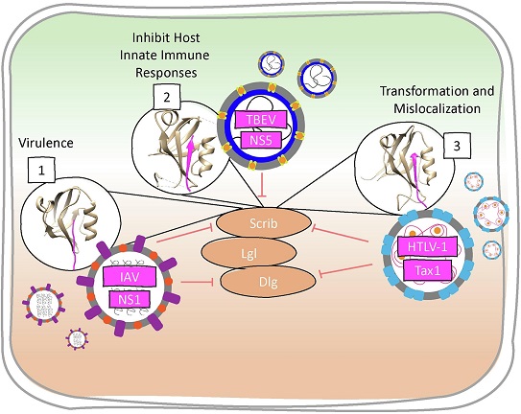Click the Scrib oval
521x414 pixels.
pyautogui.click(x=264, y=222)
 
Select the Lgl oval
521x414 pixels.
pyautogui.click(x=249, y=254)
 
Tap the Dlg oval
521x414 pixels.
pyautogui.click(x=268, y=283)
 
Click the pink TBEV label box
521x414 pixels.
pyautogui.click(x=261, y=120)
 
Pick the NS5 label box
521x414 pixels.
pyautogui.click(x=261, y=140)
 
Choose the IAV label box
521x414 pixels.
pyautogui.click(x=130, y=277)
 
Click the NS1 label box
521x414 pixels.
pyautogui.click(x=130, y=300)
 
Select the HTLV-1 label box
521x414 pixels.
pyautogui.click(x=427, y=247)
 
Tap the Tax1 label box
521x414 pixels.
pyautogui.click(x=428, y=270)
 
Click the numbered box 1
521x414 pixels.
pyautogui.click(x=41, y=170)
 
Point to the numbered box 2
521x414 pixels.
pyautogui.click(x=167, y=97)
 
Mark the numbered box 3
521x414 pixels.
pyautogui.click(x=458, y=146)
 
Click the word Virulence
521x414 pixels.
pyautogui.click(x=46, y=143)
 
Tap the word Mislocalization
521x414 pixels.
pyautogui.click(x=437, y=108)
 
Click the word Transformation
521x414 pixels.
pyautogui.click(x=419, y=91)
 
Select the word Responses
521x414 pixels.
pyautogui.click(x=166, y=73)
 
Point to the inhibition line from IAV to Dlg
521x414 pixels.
pyautogui.click(x=198, y=283)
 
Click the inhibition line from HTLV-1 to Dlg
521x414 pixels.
pyautogui.click(x=344, y=269)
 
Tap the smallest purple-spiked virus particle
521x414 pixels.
pyautogui.click(x=78, y=339)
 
